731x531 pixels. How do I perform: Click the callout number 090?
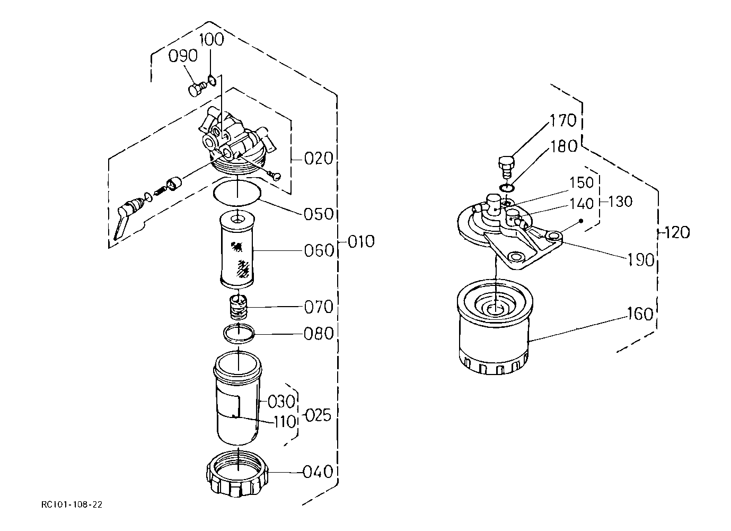[183, 56]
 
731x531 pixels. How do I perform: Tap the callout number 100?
[212, 39]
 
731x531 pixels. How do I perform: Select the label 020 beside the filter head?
[319, 159]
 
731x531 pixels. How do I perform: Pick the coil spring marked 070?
[239, 307]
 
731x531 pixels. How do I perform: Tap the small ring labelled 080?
[239, 334]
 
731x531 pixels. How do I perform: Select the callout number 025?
[318, 415]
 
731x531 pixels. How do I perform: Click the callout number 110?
[285, 422]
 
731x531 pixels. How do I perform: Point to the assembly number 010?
[361, 242]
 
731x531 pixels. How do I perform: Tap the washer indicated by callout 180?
[507, 188]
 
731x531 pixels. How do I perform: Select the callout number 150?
[582, 183]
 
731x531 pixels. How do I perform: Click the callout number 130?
[620, 202]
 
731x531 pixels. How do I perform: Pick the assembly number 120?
[677, 232]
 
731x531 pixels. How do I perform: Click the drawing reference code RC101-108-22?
[72, 504]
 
